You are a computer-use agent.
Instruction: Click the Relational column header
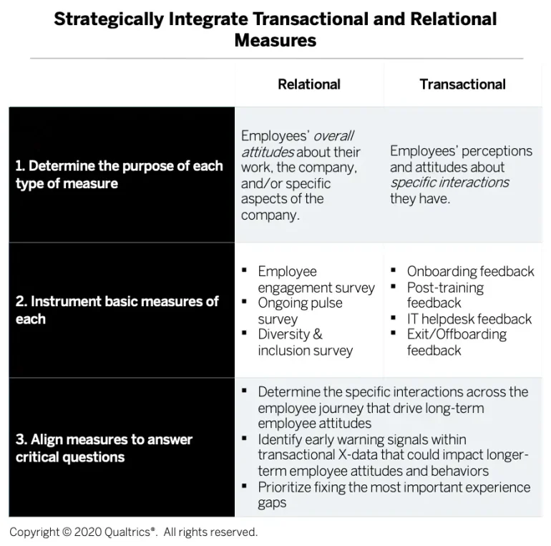[x=309, y=84]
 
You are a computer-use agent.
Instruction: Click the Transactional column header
[x=462, y=84]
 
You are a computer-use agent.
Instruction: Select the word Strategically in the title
[x=109, y=19]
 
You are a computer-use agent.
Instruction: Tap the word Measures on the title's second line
[x=275, y=40]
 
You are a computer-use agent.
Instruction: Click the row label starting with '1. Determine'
[x=119, y=175]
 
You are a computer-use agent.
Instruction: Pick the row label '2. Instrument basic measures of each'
[x=117, y=310]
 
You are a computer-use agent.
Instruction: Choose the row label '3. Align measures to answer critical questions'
[x=104, y=448]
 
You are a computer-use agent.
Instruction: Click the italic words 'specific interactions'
[x=449, y=182]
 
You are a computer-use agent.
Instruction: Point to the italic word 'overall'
[x=333, y=136]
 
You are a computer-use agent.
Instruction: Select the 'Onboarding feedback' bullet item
[x=471, y=272]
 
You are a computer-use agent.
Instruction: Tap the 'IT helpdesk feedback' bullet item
[x=469, y=319]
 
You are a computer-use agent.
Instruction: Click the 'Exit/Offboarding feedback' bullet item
[x=457, y=342]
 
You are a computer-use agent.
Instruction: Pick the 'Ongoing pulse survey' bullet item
[x=300, y=311]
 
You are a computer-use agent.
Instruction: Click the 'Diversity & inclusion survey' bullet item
[x=306, y=342]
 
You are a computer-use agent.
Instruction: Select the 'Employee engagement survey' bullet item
[x=316, y=280]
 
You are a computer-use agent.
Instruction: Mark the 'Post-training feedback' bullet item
[x=445, y=295]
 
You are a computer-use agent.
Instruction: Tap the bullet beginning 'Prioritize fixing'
[x=394, y=495]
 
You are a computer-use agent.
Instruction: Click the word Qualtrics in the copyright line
[x=130, y=532]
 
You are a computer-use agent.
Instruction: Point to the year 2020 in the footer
[x=88, y=532]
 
